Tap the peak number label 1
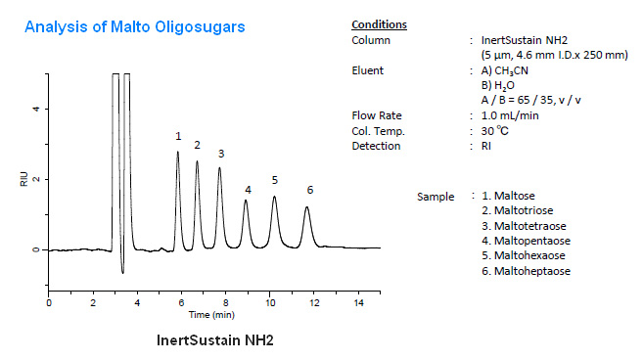tap(178, 136)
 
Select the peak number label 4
tap(248, 189)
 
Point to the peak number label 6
tap(309, 189)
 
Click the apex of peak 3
tap(220, 167)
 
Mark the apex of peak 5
tap(274, 198)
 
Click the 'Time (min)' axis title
tap(211, 315)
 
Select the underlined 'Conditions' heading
tap(379, 24)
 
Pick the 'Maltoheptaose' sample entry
tap(527, 271)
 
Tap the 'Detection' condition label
tap(376, 146)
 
